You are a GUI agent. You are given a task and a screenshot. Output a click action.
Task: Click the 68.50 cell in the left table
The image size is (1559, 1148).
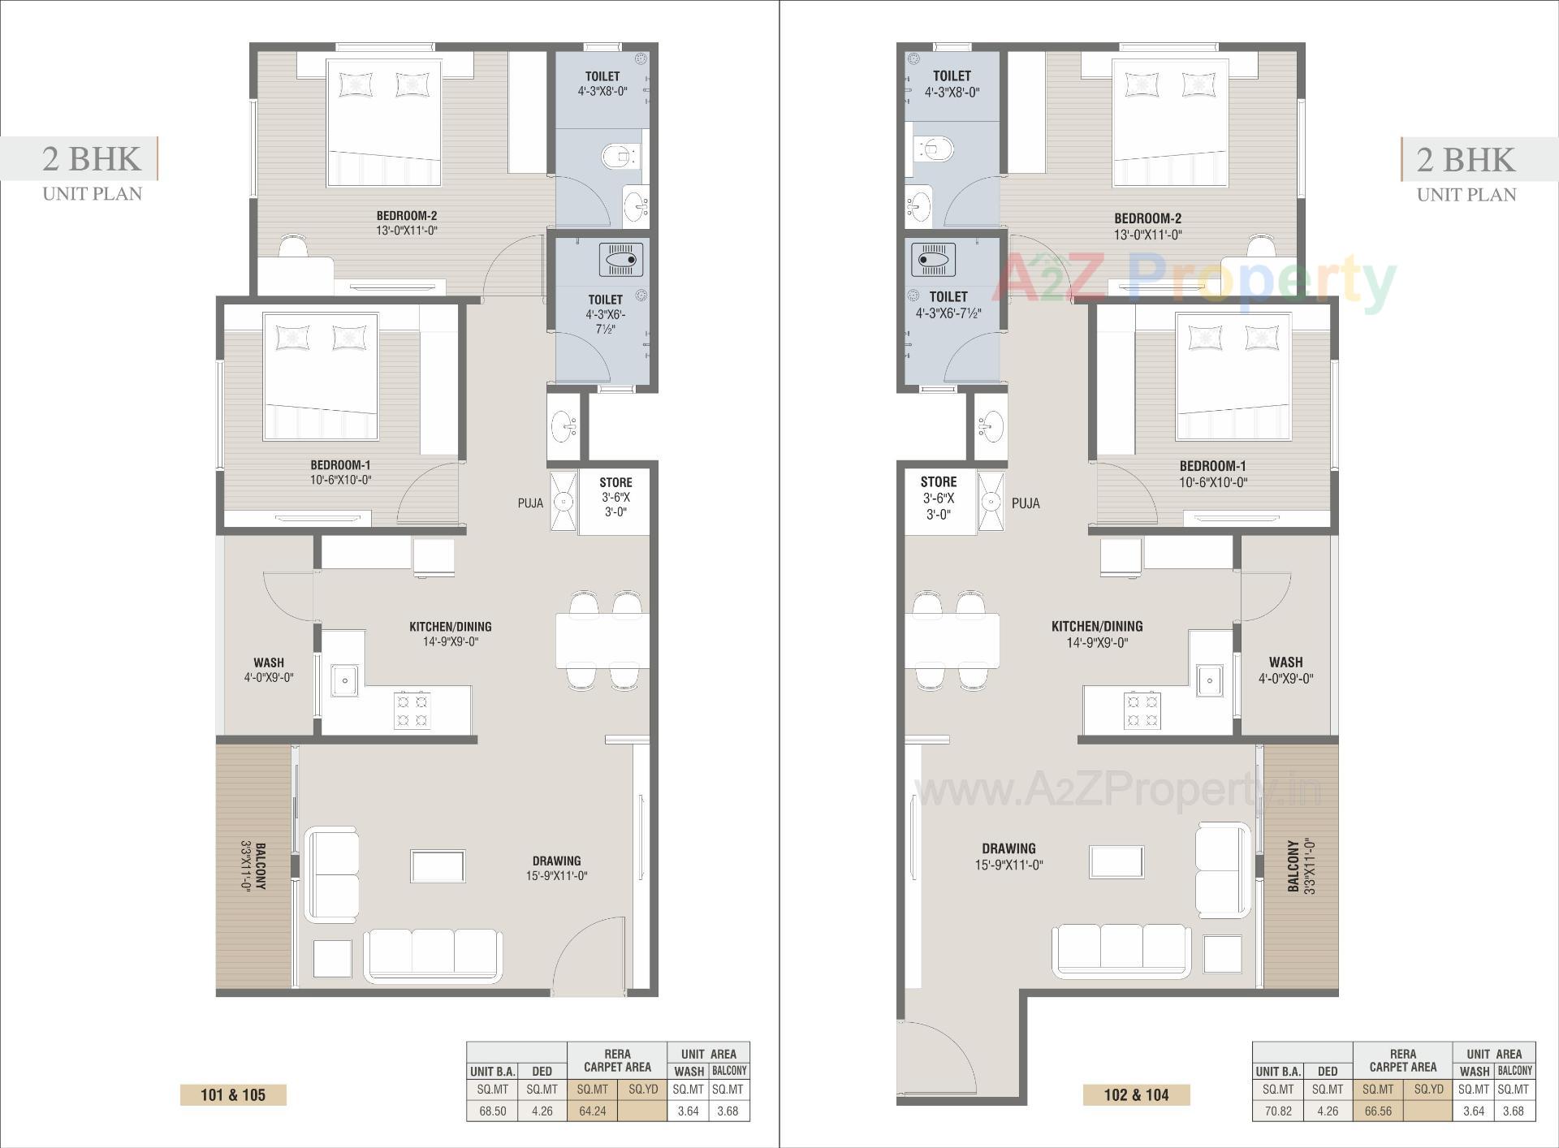[x=493, y=1111]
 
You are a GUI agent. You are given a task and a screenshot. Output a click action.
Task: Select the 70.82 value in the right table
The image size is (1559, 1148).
[x=1278, y=1111]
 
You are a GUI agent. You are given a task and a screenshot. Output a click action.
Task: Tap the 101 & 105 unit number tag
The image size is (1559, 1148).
[x=233, y=1095]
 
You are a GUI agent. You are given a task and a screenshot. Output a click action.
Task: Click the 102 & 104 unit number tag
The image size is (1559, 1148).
[x=1136, y=1095]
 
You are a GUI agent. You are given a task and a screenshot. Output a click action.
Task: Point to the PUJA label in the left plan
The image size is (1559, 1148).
[x=530, y=503]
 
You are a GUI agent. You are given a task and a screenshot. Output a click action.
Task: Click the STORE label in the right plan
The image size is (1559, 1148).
[x=939, y=482]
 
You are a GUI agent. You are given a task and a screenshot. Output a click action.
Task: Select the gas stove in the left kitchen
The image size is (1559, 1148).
[x=412, y=710]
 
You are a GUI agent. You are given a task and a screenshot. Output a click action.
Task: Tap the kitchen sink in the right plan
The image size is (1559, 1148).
[x=1210, y=680]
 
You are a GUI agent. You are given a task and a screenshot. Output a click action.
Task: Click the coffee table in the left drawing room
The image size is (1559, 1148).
[x=438, y=865]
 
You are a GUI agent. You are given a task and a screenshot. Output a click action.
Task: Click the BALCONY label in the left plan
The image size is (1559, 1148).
[x=261, y=867]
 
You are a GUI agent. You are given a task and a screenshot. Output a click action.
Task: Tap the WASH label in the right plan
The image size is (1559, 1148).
[x=1285, y=662]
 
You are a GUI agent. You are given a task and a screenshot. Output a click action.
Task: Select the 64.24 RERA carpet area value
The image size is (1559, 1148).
[x=592, y=1111]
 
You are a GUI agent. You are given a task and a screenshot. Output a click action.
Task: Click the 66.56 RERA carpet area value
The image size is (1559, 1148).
[x=1378, y=1111]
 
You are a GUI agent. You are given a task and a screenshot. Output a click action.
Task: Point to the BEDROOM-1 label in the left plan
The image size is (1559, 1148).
[x=340, y=465]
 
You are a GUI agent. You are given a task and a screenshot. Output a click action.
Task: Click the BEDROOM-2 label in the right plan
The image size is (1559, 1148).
[x=1147, y=218]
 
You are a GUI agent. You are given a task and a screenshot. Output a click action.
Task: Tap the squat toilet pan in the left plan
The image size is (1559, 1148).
[x=621, y=260]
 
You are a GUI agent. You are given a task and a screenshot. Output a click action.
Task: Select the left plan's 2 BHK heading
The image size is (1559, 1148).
[x=92, y=159]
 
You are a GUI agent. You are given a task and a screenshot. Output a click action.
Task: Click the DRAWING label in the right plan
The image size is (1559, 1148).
[x=1008, y=848]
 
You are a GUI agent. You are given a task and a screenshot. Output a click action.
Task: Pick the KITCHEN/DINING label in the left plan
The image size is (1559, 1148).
[x=450, y=627]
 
